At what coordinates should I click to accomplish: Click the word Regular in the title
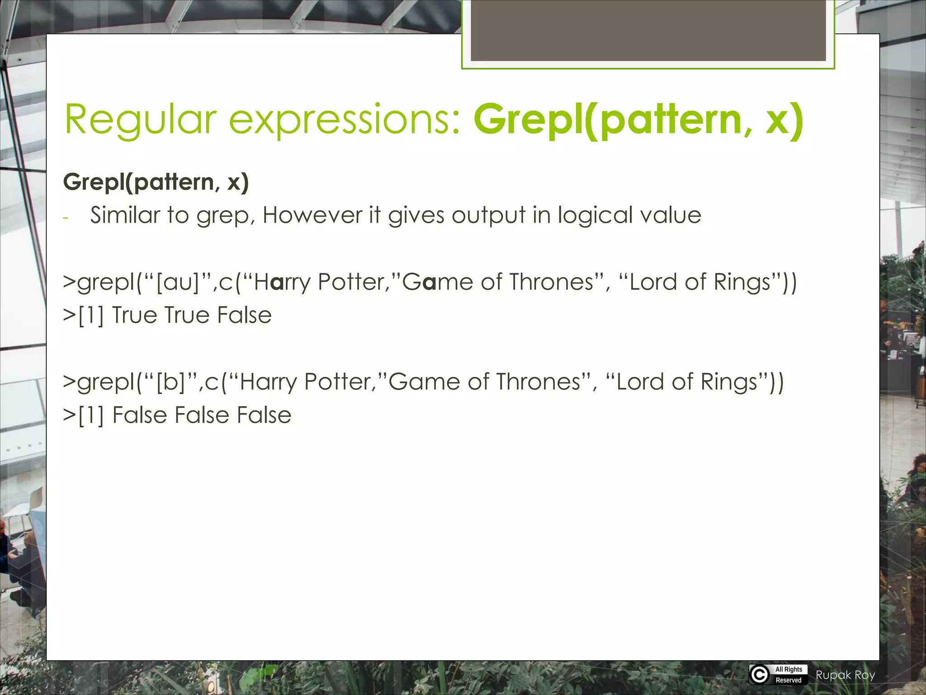[141, 119]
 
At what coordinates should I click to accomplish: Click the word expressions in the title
[345, 119]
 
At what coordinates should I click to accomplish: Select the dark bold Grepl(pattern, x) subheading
[156, 182]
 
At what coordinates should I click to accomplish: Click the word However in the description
[312, 215]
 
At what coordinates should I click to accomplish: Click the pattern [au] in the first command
[178, 282]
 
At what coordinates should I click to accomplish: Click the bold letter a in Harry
[279, 283]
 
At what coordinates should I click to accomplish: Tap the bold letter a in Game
[430, 283]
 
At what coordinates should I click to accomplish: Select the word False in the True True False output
[244, 315]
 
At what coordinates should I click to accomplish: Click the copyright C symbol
[760, 675]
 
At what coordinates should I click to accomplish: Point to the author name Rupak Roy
[845, 675]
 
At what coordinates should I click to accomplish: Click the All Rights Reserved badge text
[789, 675]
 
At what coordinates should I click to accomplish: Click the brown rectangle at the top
[648, 30]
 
